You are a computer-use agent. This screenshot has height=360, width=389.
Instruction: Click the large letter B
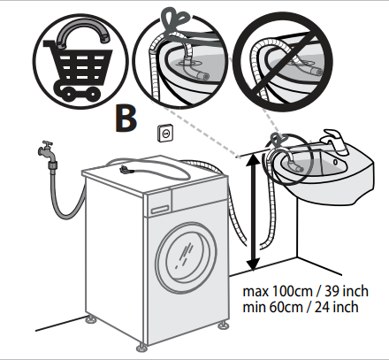pos(126,119)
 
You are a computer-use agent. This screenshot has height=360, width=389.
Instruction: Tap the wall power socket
pos(165,134)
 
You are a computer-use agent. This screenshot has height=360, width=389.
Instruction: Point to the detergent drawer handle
pos(160,210)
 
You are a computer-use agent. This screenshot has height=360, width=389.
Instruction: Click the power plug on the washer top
pos(126,170)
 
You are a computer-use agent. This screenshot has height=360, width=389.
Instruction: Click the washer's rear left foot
pos(91,319)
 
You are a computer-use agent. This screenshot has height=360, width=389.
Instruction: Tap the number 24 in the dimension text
pos(322,307)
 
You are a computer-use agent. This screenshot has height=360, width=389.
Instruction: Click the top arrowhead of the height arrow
pos(254,160)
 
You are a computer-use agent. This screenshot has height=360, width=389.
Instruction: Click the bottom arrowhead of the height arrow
pos(254,264)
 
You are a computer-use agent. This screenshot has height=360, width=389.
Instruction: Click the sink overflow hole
pos(335,162)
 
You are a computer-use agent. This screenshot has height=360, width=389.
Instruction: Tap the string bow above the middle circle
pos(174,21)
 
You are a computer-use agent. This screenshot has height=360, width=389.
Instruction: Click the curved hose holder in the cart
pos(82,33)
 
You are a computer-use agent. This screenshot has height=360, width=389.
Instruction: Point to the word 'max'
pos(256,292)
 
